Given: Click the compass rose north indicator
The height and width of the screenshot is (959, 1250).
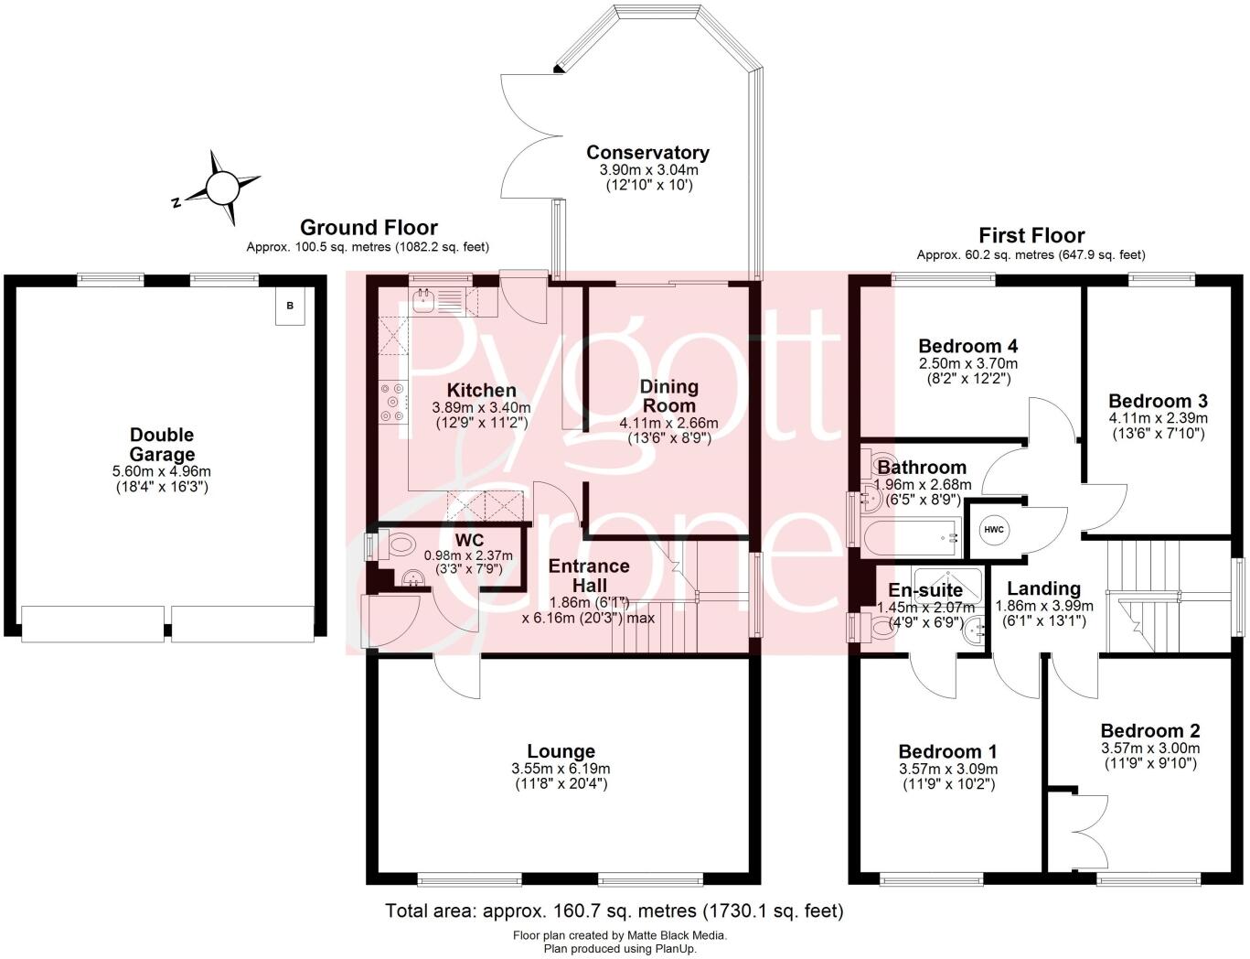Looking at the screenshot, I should (x=222, y=189).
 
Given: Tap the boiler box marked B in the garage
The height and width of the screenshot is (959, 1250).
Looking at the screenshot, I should (x=290, y=306).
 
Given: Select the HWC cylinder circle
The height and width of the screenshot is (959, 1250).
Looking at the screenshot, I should (x=994, y=530).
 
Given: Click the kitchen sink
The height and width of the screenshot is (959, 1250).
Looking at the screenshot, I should (x=423, y=299).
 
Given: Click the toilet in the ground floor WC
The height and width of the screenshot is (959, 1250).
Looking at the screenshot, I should (x=396, y=546).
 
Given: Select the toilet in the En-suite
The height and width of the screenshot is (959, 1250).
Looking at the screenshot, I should (x=879, y=628).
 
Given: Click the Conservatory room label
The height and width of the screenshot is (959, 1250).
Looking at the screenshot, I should (x=647, y=153).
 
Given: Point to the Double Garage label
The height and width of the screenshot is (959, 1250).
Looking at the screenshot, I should (x=162, y=444).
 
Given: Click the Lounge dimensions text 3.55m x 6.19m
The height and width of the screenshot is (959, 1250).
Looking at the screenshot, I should (x=561, y=769).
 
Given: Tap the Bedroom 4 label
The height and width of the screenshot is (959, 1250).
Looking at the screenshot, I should (x=967, y=346).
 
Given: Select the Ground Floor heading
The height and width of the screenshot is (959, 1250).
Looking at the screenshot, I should (x=369, y=227).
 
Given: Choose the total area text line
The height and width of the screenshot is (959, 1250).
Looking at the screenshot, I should (x=614, y=911).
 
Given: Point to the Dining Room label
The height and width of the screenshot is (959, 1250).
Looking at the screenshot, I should (x=668, y=395).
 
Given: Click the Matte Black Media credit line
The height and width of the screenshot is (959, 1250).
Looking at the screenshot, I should (x=620, y=935).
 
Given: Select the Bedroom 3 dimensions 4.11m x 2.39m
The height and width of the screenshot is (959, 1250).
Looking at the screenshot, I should (x=1158, y=418).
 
